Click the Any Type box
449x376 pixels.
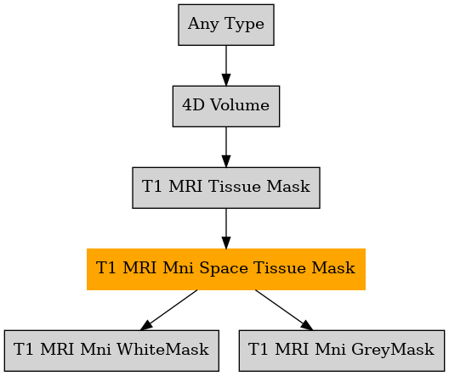(226, 25)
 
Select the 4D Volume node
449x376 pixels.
(226, 106)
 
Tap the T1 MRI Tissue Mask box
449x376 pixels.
(226, 188)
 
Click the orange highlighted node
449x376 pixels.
(226, 269)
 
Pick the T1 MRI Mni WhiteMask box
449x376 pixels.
(111, 351)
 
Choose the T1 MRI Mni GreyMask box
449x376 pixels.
(342, 351)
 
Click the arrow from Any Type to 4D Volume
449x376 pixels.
(226, 65)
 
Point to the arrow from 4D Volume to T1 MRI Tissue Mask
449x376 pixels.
(226, 147)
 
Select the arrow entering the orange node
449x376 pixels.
(226, 228)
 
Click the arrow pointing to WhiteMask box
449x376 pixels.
(168, 311)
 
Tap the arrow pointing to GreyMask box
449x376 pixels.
(284, 311)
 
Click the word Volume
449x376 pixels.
(240, 105)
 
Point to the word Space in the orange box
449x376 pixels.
(224, 268)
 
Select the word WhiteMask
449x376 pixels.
(163, 349)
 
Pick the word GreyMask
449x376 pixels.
(393, 350)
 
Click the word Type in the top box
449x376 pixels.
(244, 24)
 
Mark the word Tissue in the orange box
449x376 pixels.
(280, 268)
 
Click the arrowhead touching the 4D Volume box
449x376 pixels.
(226, 80)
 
